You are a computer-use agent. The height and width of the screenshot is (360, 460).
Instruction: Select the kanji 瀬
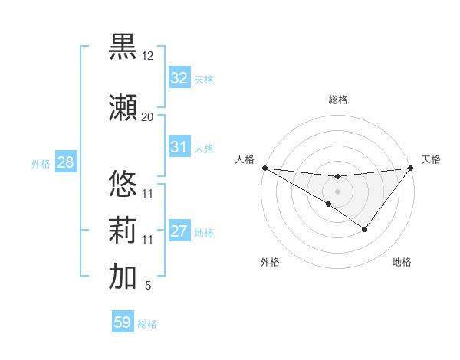click(123, 106)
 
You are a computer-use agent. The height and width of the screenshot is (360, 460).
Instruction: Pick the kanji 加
click(123, 277)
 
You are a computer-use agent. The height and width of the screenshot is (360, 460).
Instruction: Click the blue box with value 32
click(179, 78)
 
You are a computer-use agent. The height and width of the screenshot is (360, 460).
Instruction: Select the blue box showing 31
click(179, 147)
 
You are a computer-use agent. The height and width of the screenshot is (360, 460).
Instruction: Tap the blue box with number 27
click(179, 231)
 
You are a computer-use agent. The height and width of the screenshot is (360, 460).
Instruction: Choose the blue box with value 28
click(65, 162)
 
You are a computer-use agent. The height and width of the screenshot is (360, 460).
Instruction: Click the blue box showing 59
click(123, 322)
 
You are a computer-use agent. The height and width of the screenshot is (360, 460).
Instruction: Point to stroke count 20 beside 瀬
click(147, 116)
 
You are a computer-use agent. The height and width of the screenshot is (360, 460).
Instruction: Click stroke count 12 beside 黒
click(147, 56)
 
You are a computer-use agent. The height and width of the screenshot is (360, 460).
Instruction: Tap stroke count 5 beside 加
click(147, 286)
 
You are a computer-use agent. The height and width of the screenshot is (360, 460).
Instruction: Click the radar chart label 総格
click(338, 100)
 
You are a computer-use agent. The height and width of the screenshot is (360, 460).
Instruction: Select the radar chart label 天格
click(432, 159)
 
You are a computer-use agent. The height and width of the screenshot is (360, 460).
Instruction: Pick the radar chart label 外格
click(270, 262)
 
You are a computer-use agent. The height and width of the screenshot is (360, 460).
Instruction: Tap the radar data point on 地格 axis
click(365, 229)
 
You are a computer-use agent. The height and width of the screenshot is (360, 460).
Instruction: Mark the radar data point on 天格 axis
click(411, 168)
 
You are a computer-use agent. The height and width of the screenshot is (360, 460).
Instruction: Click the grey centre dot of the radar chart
click(337, 191)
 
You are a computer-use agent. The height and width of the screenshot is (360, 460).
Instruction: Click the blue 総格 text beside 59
click(147, 324)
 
